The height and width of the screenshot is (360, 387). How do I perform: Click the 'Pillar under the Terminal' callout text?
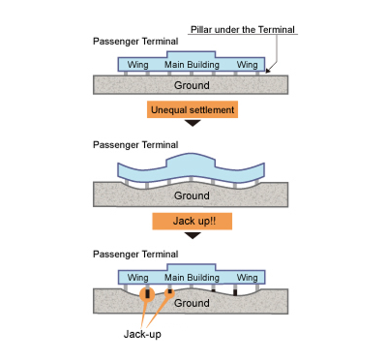[242, 29]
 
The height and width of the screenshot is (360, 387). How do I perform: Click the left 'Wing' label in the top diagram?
[139, 65]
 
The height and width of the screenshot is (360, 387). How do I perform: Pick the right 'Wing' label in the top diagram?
[248, 65]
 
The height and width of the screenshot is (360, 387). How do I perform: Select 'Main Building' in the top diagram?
[193, 65]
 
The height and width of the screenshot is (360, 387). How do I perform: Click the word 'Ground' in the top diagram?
[192, 84]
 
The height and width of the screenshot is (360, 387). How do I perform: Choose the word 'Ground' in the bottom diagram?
[192, 302]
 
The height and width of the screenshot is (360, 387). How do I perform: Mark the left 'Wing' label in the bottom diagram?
[139, 278]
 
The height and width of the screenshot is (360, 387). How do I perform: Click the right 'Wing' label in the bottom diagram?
[248, 278]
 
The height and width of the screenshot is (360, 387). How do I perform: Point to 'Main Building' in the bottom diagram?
[193, 278]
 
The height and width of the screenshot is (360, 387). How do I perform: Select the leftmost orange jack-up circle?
[146, 293]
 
